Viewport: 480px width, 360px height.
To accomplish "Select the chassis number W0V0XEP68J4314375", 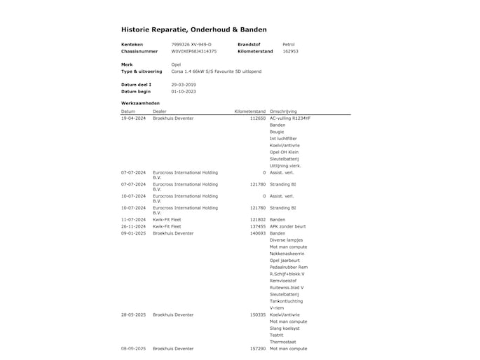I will coord(194,51).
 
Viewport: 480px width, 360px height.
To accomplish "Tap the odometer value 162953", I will coord(290,51).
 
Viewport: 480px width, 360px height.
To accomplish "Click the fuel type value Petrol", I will coord(288,44).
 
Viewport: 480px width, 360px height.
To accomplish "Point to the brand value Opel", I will coord(176,64).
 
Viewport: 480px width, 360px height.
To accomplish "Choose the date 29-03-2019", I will coord(184,85).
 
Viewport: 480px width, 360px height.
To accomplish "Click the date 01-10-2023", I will coord(184,92).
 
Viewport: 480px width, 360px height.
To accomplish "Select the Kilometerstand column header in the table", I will coord(249,111).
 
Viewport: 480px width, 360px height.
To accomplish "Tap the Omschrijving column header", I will coord(284,111).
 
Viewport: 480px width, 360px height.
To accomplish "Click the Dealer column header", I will coord(160,111).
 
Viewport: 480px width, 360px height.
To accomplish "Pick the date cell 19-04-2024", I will coord(133,118).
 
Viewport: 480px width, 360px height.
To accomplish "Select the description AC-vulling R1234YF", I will coord(290,118).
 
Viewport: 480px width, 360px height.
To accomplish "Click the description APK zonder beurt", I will coord(287,226).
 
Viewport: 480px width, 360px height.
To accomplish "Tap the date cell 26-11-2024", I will coord(133,226).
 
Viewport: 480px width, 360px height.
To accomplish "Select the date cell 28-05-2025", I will coord(133,314).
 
